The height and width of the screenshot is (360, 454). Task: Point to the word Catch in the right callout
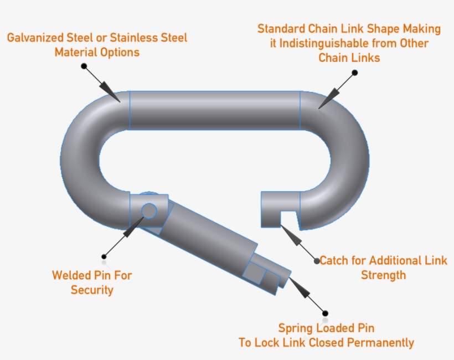(335, 260)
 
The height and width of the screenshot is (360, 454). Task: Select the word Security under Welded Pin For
(92, 290)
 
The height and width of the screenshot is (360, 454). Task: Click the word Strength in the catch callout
(383, 275)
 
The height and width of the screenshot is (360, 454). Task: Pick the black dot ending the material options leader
(84, 66)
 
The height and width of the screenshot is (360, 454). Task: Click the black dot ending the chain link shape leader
(355, 73)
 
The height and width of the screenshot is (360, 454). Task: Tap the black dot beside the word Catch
(316, 260)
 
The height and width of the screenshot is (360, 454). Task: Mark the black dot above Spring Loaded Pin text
(325, 313)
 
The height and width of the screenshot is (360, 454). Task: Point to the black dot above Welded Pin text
(104, 256)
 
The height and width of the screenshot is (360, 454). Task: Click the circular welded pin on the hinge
(148, 210)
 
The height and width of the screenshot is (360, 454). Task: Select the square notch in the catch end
(288, 218)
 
